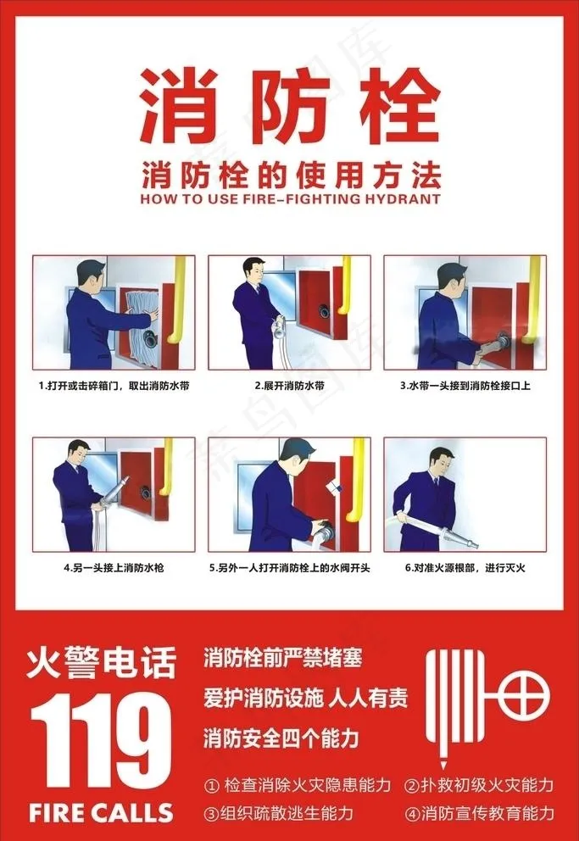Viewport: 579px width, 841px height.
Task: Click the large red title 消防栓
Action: click(x=290, y=106)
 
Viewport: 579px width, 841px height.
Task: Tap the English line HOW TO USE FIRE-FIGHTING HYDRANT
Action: click(x=290, y=198)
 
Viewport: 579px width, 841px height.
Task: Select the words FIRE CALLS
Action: click(x=102, y=812)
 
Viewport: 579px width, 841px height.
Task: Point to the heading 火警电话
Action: click(x=102, y=664)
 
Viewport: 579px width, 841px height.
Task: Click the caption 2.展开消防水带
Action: click(x=290, y=386)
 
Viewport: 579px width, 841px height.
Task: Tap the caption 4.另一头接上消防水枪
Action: click(x=114, y=567)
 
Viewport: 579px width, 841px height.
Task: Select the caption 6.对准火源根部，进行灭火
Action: click(x=465, y=567)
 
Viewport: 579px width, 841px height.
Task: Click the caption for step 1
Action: click(x=114, y=386)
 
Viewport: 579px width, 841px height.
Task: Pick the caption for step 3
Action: click(x=465, y=386)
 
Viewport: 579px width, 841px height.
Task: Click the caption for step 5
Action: click(x=290, y=567)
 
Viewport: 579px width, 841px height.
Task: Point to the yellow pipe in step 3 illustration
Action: click(x=532, y=300)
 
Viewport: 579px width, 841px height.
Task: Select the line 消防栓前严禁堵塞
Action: click(x=283, y=658)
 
